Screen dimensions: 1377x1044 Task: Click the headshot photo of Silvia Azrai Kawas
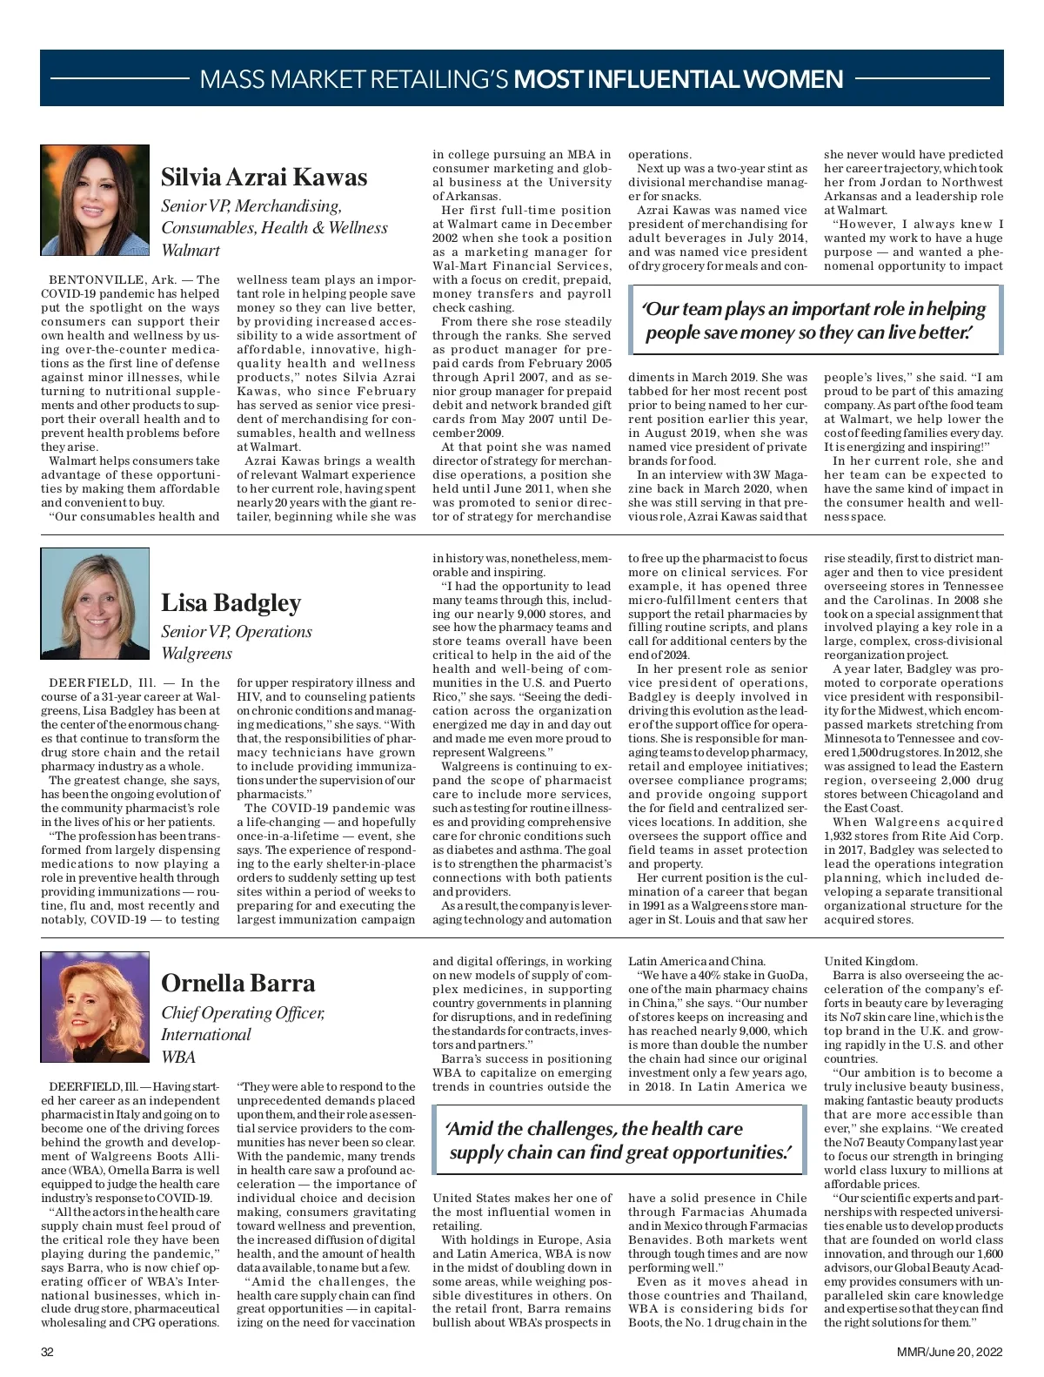(x=95, y=200)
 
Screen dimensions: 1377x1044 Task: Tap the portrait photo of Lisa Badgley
(x=95, y=602)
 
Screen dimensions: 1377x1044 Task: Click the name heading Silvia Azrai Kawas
(x=264, y=178)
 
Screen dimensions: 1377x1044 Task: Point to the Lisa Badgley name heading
(x=231, y=602)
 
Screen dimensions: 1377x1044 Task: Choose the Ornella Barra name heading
(x=238, y=983)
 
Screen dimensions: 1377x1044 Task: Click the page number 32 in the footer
(x=48, y=1352)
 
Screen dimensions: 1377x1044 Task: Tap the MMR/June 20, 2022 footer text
(x=951, y=1352)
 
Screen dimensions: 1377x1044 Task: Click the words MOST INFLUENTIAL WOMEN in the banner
(x=679, y=79)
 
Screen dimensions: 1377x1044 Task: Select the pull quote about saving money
(x=813, y=321)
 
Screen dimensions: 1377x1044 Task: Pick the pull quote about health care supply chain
(x=619, y=1140)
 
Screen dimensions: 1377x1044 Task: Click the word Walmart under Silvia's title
(x=191, y=250)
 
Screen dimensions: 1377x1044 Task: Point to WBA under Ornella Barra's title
(x=178, y=1057)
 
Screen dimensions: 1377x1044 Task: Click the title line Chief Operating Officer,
(x=243, y=1012)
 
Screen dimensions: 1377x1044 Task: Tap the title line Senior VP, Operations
(x=236, y=631)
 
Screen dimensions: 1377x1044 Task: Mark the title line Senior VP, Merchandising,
(x=251, y=206)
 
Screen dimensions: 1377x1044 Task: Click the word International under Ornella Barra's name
(x=205, y=1034)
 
